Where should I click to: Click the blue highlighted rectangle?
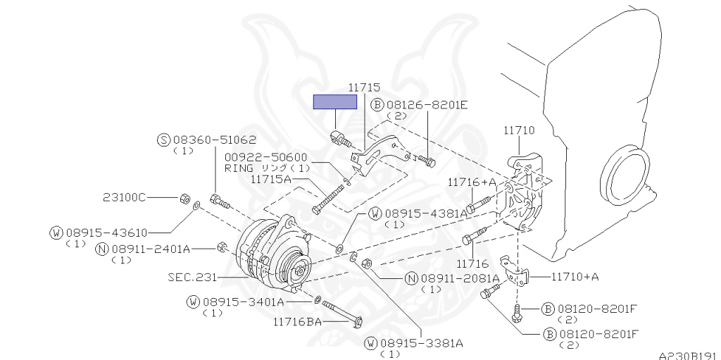coord(334,101)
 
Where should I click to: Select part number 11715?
coord(364,88)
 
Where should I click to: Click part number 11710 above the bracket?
coord(519,130)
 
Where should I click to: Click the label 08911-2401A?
coord(151,249)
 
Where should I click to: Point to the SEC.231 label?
coord(192,277)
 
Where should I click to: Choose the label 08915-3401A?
coord(244,302)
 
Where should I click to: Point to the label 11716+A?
coord(472,182)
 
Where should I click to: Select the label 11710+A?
coord(575,276)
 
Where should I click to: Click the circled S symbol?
coord(163,139)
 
